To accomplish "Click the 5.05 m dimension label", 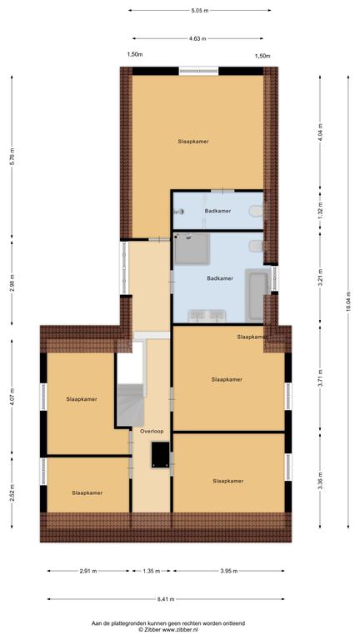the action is [200, 11].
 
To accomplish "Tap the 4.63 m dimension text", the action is [197, 39].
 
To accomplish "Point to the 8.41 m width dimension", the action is [166, 599].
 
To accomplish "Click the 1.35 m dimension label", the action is [152, 571].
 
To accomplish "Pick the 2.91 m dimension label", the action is [88, 571].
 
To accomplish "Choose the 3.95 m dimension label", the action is [228, 571].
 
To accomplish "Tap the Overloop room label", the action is [152, 431].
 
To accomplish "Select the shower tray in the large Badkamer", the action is [192, 249].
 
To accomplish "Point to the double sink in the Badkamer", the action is [207, 316].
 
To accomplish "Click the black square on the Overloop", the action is [160, 454].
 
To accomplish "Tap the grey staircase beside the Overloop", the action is [131, 405].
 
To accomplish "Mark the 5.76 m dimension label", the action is [12, 156].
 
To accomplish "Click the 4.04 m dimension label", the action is [320, 132].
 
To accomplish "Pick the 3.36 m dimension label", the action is [320, 481].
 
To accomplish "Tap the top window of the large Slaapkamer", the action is [199, 71].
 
